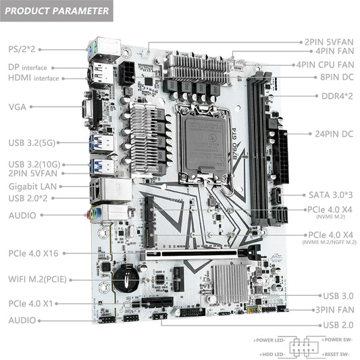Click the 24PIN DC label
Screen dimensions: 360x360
(x=334, y=134)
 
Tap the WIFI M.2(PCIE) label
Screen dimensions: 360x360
(x=36, y=278)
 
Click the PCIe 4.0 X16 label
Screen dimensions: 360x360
(x=34, y=253)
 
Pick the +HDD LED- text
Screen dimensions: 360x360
(x=271, y=354)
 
